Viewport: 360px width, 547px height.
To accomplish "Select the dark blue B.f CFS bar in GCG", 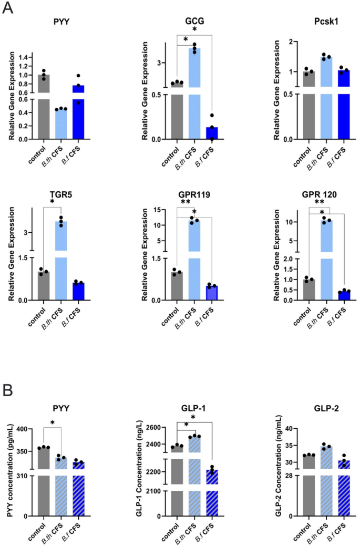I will click(211, 133).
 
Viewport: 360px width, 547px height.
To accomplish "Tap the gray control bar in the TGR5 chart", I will click(44, 285).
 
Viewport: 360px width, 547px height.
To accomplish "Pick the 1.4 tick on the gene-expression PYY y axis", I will click(27, 57).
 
